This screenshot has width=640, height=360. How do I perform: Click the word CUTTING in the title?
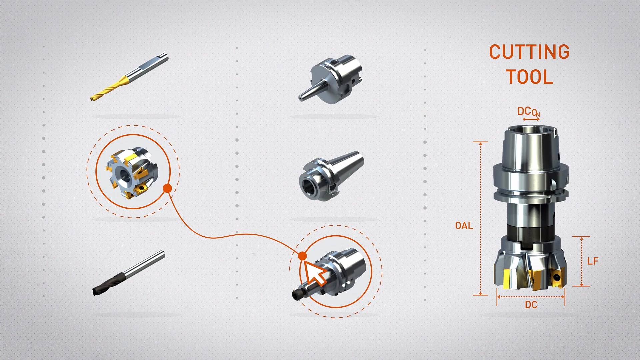tap(529, 52)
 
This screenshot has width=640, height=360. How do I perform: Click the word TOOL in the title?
tap(530, 77)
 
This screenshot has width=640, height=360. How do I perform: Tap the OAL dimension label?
tap(464, 226)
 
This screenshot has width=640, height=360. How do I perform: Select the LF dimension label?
tap(593, 261)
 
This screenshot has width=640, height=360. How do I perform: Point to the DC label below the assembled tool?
tap(531, 305)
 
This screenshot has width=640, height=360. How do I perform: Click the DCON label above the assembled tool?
tap(529, 112)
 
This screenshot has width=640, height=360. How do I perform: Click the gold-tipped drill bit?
tap(129, 77)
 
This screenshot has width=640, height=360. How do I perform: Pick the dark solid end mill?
tap(129, 273)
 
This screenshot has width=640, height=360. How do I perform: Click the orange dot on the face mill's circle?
tap(167, 188)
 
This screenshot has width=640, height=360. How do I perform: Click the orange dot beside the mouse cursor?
tap(302, 256)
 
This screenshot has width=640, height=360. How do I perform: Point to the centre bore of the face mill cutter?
tap(124, 174)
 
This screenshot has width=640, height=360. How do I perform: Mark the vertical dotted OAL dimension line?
tap(480, 218)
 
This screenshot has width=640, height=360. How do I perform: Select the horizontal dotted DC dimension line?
tap(531, 297)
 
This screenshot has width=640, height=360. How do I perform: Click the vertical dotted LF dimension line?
tap(582, 261)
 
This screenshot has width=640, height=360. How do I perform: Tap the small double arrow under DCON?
tap(531, 119)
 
